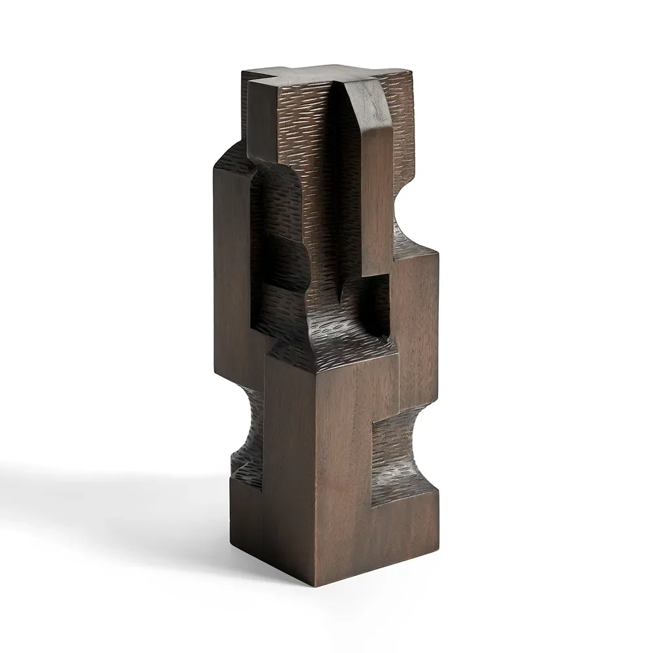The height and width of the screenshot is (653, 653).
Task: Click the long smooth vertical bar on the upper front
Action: (375, 196)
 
